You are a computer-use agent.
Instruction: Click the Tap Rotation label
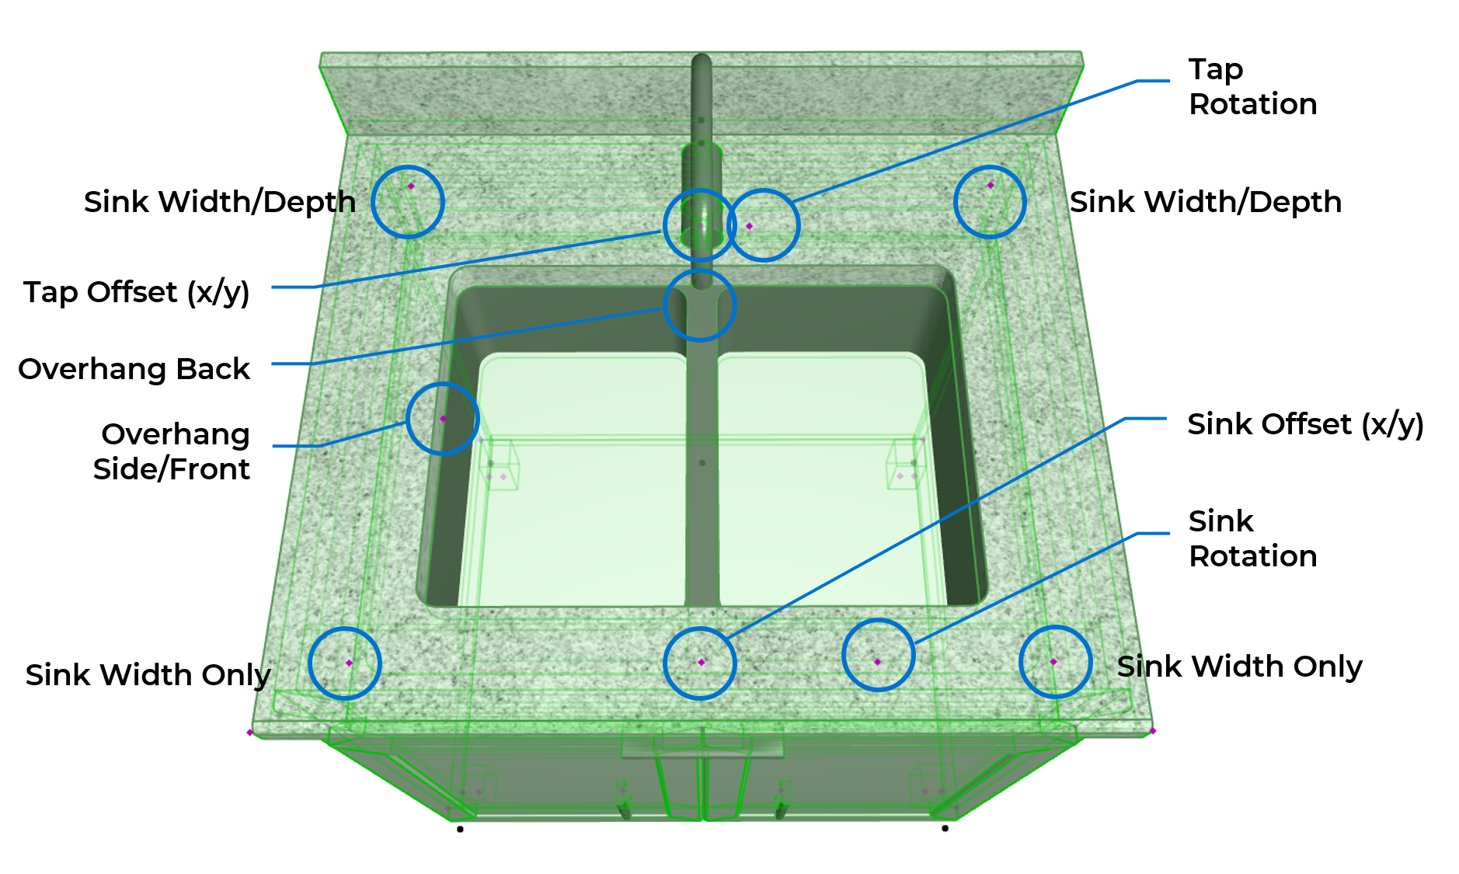coord(1252,86)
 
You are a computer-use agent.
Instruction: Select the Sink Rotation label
coord(1252,538)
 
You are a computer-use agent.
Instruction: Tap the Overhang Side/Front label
coord(173,451)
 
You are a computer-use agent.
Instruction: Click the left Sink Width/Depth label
coord(219,202)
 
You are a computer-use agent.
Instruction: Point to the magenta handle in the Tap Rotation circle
coord(749,226)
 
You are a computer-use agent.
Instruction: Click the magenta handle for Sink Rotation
coord(878,662)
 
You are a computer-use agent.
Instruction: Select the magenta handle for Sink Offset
coord(702,662)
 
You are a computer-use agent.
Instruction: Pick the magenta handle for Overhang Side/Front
coord(444,419)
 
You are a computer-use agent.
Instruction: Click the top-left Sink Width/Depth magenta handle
coord(411,186)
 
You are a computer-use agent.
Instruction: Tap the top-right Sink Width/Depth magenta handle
coord(991,186)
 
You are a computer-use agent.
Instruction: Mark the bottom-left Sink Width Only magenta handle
coord(349,663)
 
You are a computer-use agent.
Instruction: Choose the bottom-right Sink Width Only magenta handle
coord(1053,662)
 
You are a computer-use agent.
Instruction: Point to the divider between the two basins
coord(702,466)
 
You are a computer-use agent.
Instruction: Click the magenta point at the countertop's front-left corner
coord(249,733)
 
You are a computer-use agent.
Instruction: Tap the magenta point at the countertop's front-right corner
coord(1153,731)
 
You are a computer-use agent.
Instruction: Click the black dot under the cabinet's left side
coord(461,830)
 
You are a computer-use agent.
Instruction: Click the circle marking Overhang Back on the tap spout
coord(700,305)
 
